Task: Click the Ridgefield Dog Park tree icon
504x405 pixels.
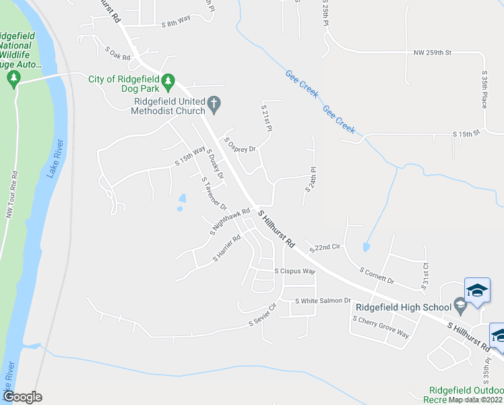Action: coord(168,80)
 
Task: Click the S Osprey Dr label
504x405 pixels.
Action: coord(241,146)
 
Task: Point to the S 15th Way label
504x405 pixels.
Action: coord(189,157)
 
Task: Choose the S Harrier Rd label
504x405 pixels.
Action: coord(227,248)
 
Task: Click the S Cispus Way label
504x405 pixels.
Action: coord(294,271)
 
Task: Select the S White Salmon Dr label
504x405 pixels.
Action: coord(323,300)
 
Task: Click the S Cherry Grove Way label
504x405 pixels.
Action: coord(381,326)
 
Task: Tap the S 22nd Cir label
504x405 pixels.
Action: coord(325,248)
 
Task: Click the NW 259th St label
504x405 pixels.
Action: coord(432,52)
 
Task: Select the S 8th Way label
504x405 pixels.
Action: coord(177,23)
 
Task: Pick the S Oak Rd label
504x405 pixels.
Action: coord(117,53)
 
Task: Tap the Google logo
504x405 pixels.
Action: coord(22,397)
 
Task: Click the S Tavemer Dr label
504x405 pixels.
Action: coord(214,193)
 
